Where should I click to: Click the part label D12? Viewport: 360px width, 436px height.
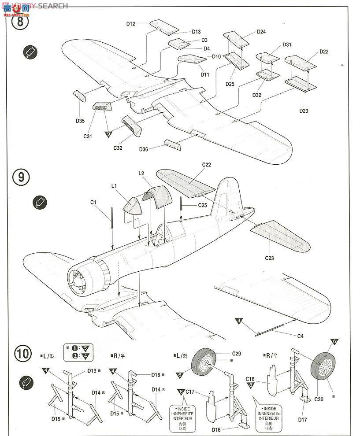(x=130, y=24)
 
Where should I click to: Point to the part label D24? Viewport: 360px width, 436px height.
(x=261, y=32)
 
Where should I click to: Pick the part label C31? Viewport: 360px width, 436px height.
(x=88, y=136)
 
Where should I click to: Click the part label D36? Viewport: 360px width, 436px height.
(x=143, y=149)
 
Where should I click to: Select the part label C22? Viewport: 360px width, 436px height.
(x=206, y=165)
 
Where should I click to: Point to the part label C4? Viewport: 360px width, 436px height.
(x=300, y=336)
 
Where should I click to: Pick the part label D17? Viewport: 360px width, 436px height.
(x=302, y=419)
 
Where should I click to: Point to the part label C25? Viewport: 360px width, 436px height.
(x=202, y=205)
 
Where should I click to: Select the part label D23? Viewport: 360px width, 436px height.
(x=303, y=111)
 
